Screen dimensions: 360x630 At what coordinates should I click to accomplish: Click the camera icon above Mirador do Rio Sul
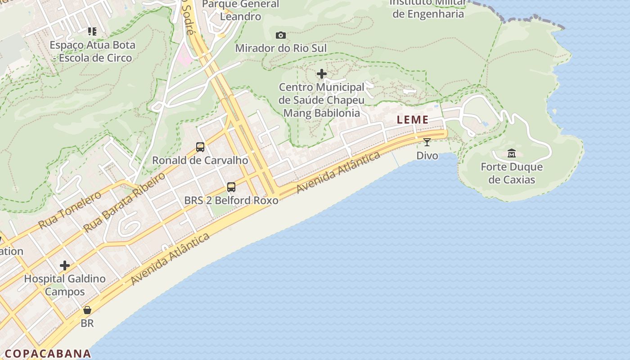pyautogui.click(x=281, y=35)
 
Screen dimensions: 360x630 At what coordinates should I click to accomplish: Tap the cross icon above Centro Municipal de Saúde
pyautogui.click(x=322, y=73)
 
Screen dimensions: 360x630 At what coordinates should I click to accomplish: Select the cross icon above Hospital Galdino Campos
pyautogui.click(x=65, y=265)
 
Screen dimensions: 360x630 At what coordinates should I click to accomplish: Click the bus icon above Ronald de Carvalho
pyautogui.click(x=200, y=147)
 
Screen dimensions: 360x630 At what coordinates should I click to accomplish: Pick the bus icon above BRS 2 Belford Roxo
pyautogui.click(x=231, y=187)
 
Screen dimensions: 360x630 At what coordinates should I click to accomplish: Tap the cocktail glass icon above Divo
pyautogui.click(x=427, y=142)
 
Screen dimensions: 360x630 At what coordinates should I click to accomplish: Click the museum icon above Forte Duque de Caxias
pyautogui.click(x=512, y=153)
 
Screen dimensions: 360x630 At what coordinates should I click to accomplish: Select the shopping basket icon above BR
pyautogui.click(x=87, y=310)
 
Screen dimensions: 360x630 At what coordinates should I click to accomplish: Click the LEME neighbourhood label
pyautogui.click(x=413, y=120)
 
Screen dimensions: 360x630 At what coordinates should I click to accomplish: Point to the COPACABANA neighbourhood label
pyautogui.click(x=48, y=353)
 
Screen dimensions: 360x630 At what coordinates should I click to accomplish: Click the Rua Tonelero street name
pyautogui.click(x=70, y=210)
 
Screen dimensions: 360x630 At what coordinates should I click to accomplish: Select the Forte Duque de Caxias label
pyautogui.click(x=512, y=173)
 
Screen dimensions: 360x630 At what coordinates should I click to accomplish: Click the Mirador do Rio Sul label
pyautogui.click(x=281, y=48)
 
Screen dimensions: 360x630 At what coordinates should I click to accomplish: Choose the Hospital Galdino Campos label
pyautogui.click(x=65, y=285)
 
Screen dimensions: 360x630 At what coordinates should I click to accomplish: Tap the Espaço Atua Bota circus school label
pyautogui.click(x=92, y=51)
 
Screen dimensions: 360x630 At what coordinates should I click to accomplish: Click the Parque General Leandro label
pyautogui.click(x=241, y=10)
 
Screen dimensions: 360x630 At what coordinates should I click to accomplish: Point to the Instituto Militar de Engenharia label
pyautogui.click(x=428, y=8)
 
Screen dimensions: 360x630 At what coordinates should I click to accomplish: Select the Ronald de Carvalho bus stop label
pyautogui.click(x=200, y=160)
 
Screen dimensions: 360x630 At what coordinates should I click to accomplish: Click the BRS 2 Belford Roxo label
pyautogui.click(x=231, y=200)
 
